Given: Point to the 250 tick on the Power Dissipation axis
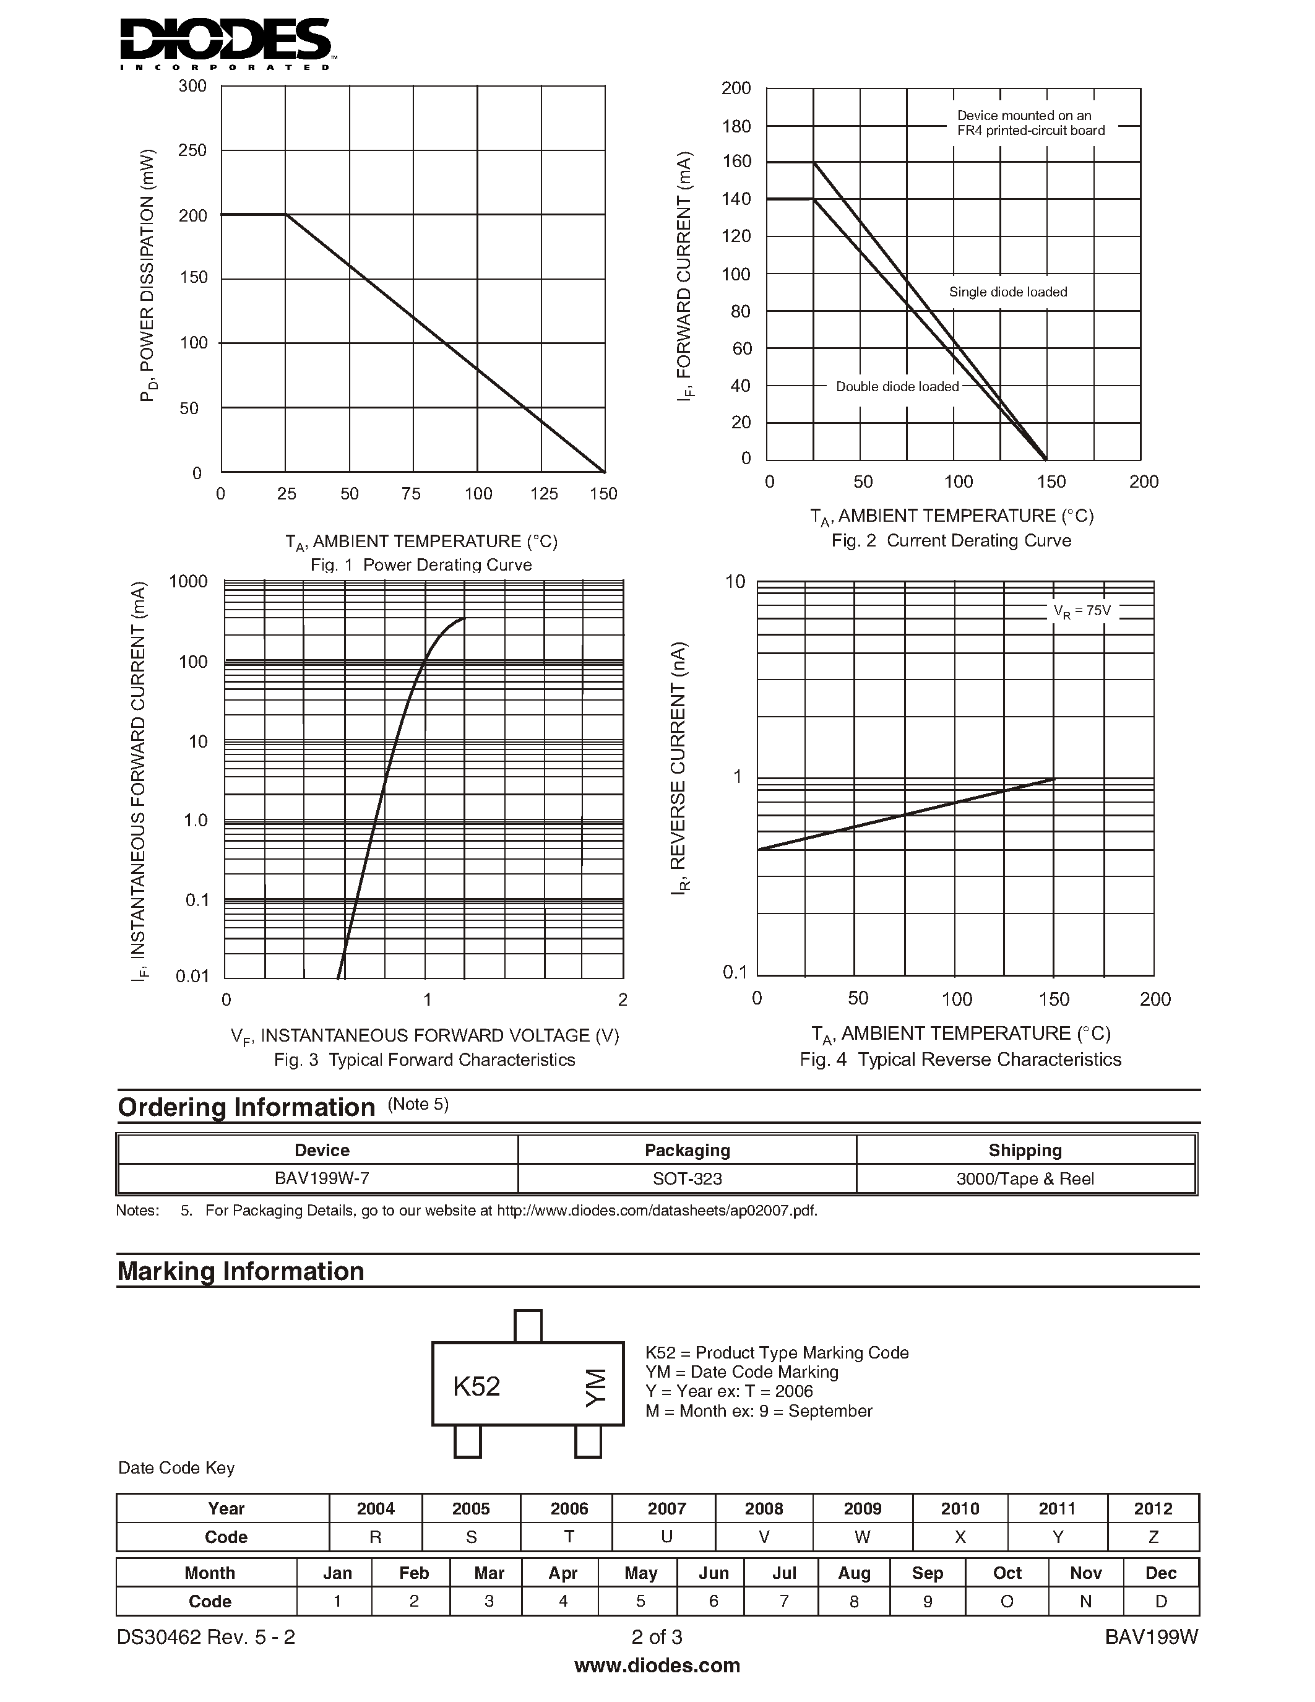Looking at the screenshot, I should click(x=192, y=150).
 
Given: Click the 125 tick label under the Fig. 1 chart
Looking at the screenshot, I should click(x=544, y=493).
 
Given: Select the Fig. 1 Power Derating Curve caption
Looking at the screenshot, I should click(x=421, y=565).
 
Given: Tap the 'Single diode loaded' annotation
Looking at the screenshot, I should click(x=1007, y=292).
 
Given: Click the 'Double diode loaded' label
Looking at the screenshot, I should click(x=897, y=387).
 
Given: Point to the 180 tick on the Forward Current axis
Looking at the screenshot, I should click(x=736, y=126).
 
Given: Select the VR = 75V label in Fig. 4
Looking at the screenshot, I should click(x=1082, y=611).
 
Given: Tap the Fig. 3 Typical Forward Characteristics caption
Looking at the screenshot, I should click(x=424, y=1060).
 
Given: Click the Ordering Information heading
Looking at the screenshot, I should click(x=246, y=1107).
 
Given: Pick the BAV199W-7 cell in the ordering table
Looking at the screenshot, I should click(x=322, y=1178).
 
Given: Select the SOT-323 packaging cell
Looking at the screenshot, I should click(x=687, y=1178).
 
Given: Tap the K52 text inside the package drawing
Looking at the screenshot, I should click(x=476, y=1386).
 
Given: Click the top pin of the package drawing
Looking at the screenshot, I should click(x=528, y=1325).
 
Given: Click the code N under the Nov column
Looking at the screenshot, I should click(x=1085, y=1602).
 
